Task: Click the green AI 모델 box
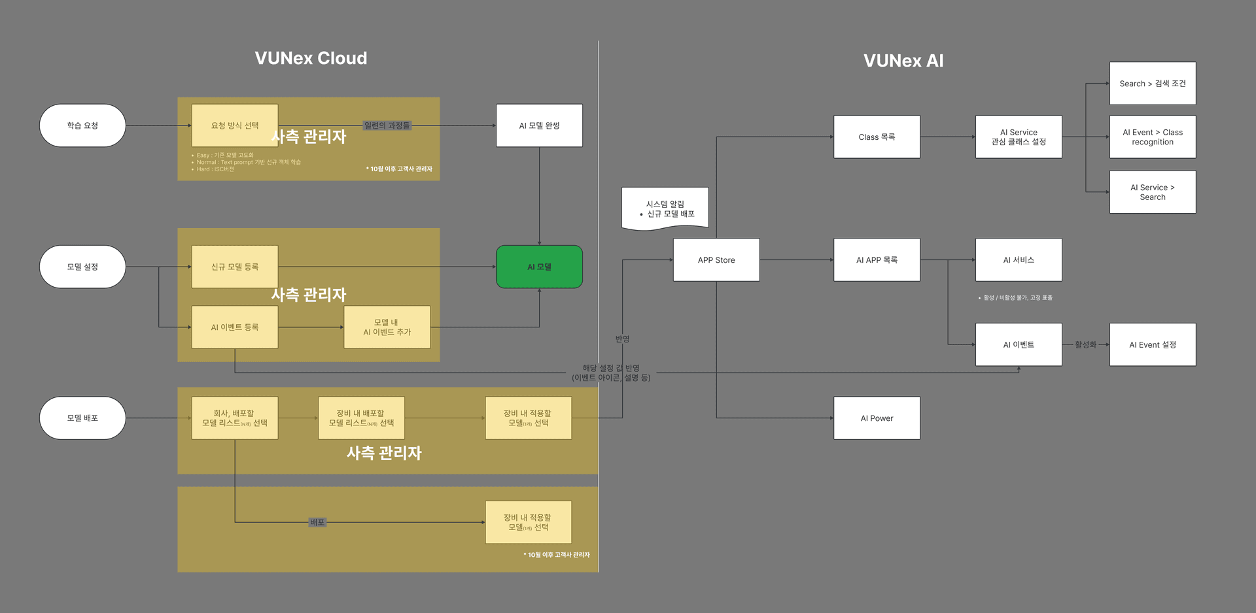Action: pyautogui.click(x=539, y=267)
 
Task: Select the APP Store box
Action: pyautogui.click(x=716, y=260)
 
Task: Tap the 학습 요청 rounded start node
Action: pyautogui.click(x=82, y=125)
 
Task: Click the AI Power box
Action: pyautogui.click(x=877, y=418)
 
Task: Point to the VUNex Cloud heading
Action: pyautogui.click(x=311, y=58)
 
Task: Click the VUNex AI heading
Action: pyautogui.click(x=903, y=61)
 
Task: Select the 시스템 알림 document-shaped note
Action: pyautogui.click(x=665, y=208)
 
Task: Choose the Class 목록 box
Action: pyautogui.click(x=877, y=137)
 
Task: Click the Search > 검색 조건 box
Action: pyautogui.click(x=1152, y=84)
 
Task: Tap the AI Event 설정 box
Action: pyautogui.click(x=1152, y=344)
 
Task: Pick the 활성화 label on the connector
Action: pyautogui.click(x=1085, y=344)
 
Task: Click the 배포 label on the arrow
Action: pyautogui.click(x=317, y=522)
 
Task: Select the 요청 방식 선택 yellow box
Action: pyautogui.click(x=234, y=125)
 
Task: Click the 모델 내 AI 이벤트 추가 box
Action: pyautogui.click(x=387, y=327)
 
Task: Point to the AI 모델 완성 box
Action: pyautogui.click(x=539, y=125)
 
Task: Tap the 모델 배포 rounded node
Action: pyautogui.click(x=82, y=418)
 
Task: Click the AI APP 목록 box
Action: pyautogui.click(x=877, y=260)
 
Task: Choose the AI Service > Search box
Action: pyautogui.click(x=1152, y=192)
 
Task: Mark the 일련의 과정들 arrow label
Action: pyautogui.click(x=387, y=125)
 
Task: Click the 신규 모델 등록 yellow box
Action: pyautogui.click(x=234, y=267)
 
